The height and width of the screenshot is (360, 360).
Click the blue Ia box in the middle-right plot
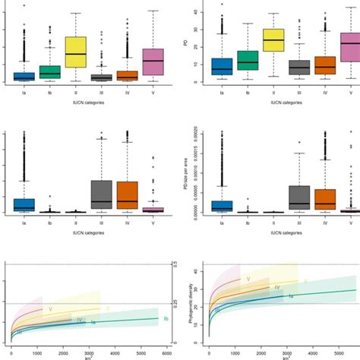[222, 206]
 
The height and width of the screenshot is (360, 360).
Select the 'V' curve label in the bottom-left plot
[50, 309]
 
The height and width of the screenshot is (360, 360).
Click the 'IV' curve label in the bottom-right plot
[277, 288]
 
